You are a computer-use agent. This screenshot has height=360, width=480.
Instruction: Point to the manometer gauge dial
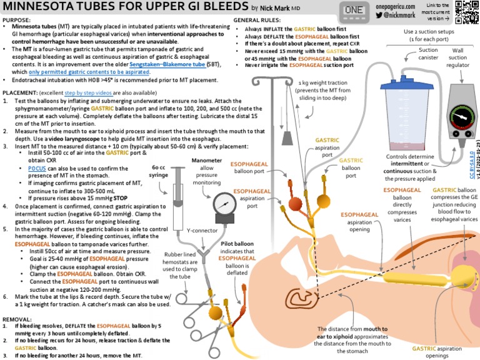tap(225, 202)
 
